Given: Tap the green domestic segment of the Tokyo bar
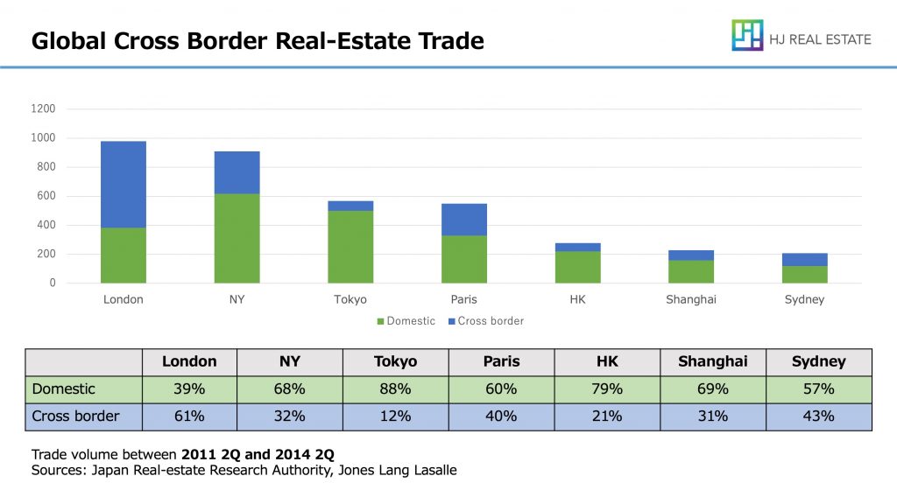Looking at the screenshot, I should tap(350, 247).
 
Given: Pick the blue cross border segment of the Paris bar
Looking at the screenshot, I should tap(464, 220).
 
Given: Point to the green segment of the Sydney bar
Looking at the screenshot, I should tap(805, 274).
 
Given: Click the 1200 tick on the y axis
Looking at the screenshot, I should tap(44, 108).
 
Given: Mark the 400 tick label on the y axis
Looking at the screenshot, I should tap(46, 225).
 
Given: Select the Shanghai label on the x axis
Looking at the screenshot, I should tap(690, 299).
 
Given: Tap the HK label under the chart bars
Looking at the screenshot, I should tap(577, 299).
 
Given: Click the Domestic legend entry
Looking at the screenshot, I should tap(406, 321).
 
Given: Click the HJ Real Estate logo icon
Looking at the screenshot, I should tap(747, 36).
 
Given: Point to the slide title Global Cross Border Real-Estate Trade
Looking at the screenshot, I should tap(258, 41).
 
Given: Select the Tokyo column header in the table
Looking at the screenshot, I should tap(395, 361).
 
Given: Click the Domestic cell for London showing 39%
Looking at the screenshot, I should tap(189, 388).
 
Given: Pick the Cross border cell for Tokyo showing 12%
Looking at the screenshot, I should tap(395, 416).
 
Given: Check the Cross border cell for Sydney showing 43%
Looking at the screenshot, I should tap(818, 416).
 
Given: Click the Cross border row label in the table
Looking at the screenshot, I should tap(75, 416).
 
